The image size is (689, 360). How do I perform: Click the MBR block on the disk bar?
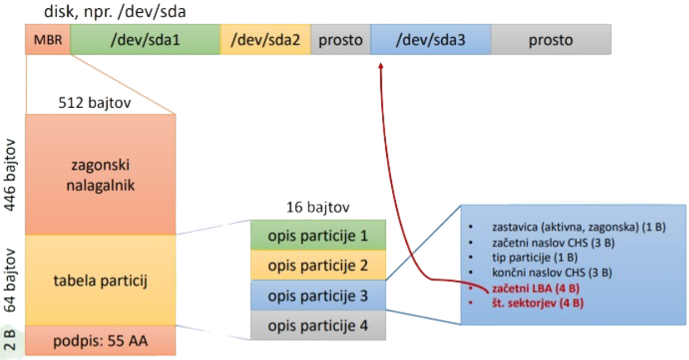47,40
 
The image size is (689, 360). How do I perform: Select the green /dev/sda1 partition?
145,40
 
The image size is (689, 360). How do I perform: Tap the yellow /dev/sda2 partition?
265,40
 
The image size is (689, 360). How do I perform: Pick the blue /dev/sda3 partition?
430,40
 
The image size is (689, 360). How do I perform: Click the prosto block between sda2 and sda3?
340,40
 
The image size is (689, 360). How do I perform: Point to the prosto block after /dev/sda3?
550,40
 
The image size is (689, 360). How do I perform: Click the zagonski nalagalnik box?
101,175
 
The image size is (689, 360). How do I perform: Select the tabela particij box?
101,280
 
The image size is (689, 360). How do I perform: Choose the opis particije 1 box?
318,235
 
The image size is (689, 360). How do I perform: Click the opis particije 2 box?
318,265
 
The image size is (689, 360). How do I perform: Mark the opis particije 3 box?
318,296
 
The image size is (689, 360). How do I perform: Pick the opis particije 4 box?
318,326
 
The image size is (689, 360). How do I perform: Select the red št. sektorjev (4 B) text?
537,303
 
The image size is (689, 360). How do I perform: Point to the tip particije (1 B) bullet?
534,257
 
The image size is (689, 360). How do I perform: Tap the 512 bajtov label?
94,103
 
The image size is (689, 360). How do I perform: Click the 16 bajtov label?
318,207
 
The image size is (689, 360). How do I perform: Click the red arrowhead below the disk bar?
381,66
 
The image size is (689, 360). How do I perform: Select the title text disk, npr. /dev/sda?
114,11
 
